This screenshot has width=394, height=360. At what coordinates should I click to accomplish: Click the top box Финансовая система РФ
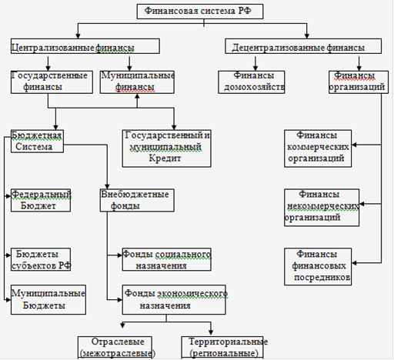click(x=200, y=12)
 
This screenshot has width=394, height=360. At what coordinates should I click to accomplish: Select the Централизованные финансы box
click(x=85, y=46)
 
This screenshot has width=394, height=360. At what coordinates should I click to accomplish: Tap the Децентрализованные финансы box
click(x=303, y=46)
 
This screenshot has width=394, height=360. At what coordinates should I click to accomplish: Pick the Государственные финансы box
click(x=52, y=82)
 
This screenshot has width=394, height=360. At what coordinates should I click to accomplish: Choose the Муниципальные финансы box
click(x=137, y=82)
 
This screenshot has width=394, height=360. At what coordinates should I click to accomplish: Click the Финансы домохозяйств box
click(x=252, y=82)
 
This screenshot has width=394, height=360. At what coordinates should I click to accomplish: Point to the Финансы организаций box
click(x=359, y=82)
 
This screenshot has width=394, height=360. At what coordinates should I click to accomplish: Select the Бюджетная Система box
click(x=37, y=141)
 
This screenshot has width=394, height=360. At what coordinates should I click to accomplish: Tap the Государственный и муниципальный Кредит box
click(x=167, y=148)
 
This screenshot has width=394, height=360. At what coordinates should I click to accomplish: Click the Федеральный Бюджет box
click(x=41, y=200)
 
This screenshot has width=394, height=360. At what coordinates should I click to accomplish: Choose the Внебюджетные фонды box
click(x=137, y=200)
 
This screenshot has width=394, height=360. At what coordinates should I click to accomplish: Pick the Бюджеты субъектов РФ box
click(x=41, y=259)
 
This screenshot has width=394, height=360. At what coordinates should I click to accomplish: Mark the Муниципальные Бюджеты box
click(x=48, y=300)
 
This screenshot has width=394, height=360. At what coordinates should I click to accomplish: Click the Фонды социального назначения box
click(x=167, y=259)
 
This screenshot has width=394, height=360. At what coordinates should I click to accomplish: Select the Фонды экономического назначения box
click(x=174, y=300)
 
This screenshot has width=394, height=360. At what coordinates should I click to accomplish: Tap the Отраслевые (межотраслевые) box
click(x=115, y=348)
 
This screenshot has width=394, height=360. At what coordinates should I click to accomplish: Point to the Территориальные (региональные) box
click(x=222, y=348)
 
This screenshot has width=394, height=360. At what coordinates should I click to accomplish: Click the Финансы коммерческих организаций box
click(x=318, y=148)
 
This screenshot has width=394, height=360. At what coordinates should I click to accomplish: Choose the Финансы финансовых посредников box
click(x=318, y=266)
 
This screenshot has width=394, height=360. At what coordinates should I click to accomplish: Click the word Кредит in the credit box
click(x=165, y=158)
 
